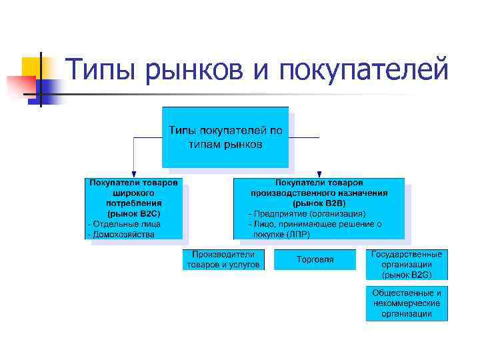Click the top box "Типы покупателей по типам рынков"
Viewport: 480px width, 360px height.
(x=225, y=137)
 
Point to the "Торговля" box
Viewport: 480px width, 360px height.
(x=315, y=259)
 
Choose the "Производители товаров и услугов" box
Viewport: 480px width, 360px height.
(x=223, y=259)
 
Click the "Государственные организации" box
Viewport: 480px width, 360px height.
(x=407, y=264)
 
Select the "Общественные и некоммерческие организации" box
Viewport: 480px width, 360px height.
(x=407, y=303)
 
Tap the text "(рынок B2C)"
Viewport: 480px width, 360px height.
(x=134, y=213)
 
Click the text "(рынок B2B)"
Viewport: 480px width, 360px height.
(x=319, y=203)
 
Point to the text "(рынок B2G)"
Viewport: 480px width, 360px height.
(x=407, y=274)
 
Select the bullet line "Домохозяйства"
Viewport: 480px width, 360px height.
(x=121, y=234)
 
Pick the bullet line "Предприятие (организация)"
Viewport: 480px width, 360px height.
(x=307, y=214)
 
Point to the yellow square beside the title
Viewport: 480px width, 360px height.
(x=32, y=67)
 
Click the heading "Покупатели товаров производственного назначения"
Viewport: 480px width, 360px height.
(x=319, y=187)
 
